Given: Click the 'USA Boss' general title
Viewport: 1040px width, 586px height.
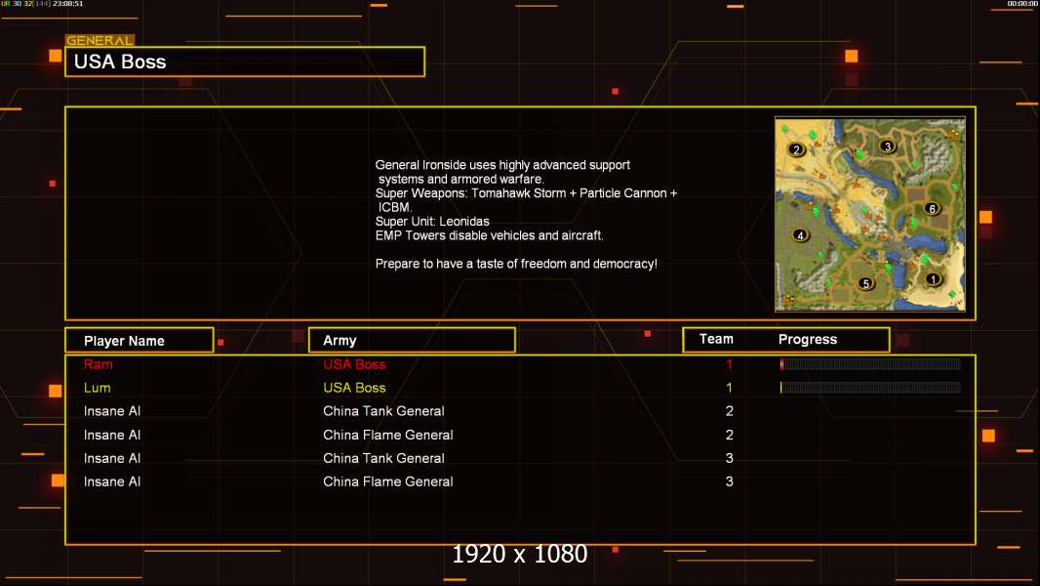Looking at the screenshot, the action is click(120, 62).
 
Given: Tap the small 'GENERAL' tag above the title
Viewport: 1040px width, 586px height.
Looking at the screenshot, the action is click(100, 40).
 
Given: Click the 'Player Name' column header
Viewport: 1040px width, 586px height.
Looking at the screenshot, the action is click(124, 341).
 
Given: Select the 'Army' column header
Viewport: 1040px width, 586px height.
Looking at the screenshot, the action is click(340, 341).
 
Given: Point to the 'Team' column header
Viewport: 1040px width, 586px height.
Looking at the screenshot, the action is click(716, 339).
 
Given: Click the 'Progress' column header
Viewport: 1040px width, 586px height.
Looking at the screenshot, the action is click(808, 339).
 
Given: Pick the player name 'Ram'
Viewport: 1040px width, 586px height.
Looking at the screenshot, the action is click(99, 364).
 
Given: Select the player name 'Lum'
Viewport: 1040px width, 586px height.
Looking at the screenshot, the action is click(97, 388).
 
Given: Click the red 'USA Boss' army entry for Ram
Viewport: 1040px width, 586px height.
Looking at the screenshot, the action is click(354, 364).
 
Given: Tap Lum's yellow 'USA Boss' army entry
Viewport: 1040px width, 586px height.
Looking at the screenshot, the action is click(354, 388).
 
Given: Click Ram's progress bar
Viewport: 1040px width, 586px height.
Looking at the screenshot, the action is click(870, 363).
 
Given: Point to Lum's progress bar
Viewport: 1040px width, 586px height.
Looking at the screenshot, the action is click(870, 387).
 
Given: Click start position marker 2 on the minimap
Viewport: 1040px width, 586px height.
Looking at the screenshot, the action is click(796, 150).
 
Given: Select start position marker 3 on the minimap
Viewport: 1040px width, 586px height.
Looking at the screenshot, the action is click(888, 146).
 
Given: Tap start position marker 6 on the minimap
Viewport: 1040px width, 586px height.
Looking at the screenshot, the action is click(932, 208).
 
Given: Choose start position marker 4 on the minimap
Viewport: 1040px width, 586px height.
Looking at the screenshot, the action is click(801, 235).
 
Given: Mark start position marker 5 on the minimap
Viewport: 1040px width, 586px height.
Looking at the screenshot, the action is click(865, 283).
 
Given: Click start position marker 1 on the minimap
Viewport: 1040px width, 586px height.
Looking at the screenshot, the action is click(934, 278).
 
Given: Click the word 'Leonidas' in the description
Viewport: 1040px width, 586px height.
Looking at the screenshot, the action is click(464, 222).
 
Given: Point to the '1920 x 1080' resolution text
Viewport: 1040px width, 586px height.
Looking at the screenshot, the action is click(520, 554).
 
